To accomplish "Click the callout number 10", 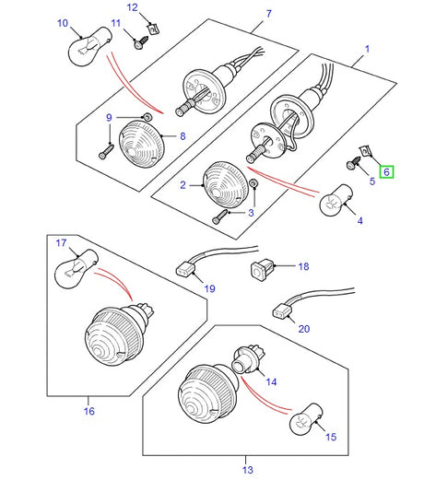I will click(63, 22).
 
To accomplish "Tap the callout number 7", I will click(269, 14).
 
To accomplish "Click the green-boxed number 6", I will click(386, 170).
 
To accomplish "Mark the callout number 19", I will click(209, 288).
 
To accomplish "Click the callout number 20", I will click(304, 329).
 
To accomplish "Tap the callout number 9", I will click(108, 117).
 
